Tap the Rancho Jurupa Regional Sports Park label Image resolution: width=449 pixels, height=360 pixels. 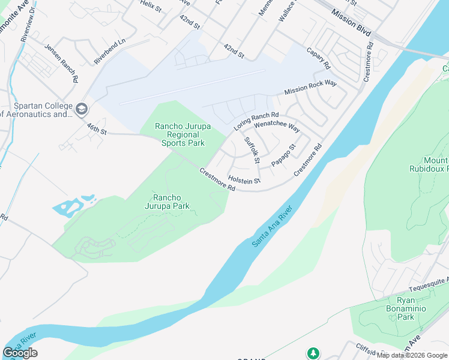179,134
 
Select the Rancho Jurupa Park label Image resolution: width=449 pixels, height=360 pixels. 171,202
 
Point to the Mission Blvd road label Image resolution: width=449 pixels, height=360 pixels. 352,22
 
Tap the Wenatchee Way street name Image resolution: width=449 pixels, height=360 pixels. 277,127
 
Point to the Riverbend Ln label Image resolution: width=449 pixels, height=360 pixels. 110,52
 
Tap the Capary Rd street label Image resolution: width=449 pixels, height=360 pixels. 318,58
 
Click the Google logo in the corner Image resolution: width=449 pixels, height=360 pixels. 20,353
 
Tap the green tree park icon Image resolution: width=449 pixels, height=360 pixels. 312,353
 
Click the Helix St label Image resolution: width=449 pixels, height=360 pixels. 151,6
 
